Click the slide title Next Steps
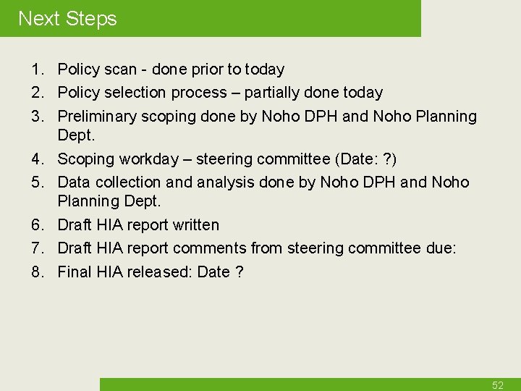(67, 19)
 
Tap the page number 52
(497, 385)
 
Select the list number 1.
(36, 70)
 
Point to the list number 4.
(36, 159)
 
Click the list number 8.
(36, 272)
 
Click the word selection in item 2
(137, 93)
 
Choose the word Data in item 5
(73, 182)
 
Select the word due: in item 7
(440, 248)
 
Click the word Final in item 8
(74, 272)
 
